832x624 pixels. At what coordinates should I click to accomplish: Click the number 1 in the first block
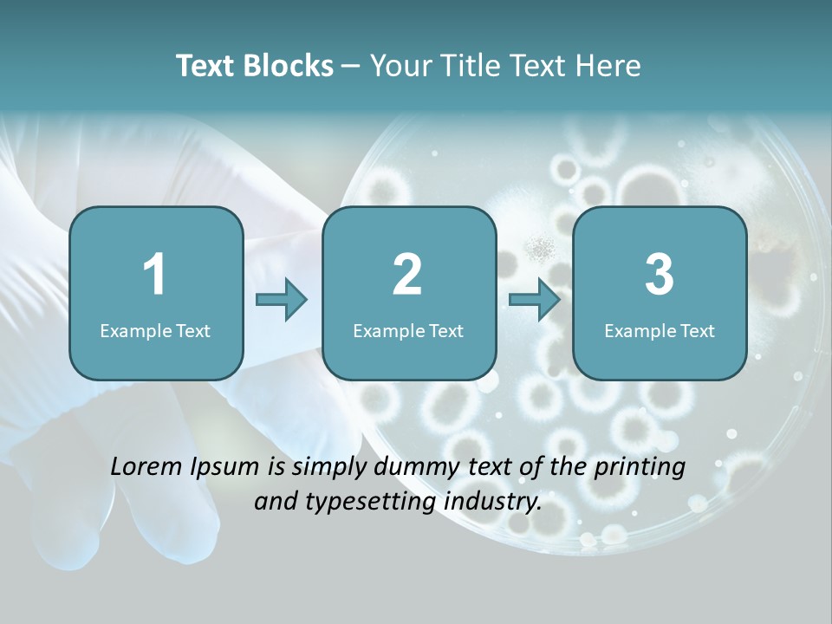(x=154, y=276)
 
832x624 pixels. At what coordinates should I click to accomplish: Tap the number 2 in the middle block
(x=407, y=276)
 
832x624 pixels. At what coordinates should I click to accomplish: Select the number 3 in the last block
(x=660, y=276)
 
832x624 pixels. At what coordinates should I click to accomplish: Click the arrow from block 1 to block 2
(x=282, y=300)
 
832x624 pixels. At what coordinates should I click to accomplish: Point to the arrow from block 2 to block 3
(x=535, y=300)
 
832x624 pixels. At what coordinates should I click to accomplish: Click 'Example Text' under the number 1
(x=155, y=330)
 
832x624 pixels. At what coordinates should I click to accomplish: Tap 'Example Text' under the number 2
(x=408, y=330)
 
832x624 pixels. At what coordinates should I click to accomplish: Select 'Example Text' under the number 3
(x=660, y=330)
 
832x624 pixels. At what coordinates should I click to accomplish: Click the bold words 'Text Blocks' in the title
(x=254, y=66)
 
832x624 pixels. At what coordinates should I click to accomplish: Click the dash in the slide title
(x=351, y=66)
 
